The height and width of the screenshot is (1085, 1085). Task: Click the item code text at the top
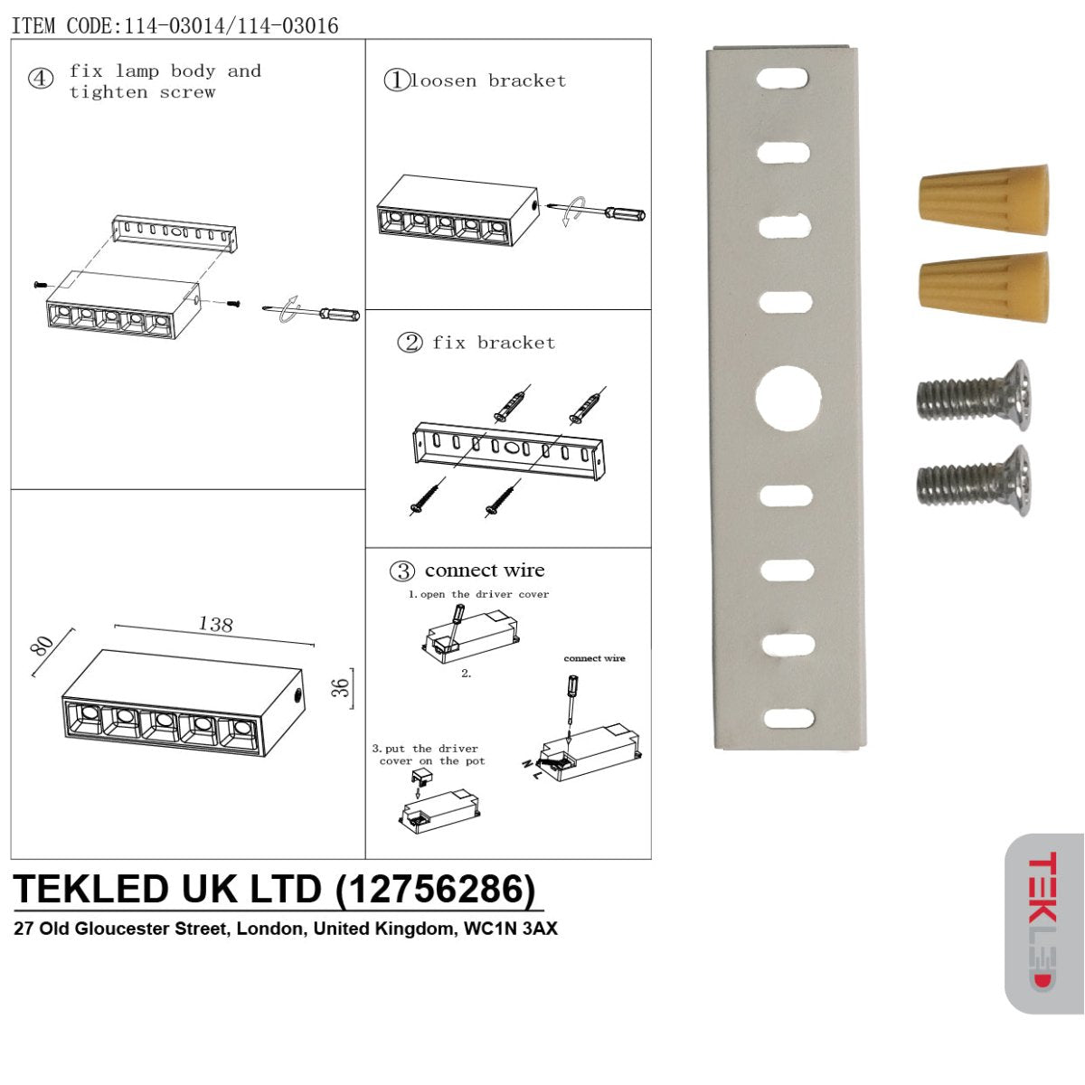(x=175, y=25)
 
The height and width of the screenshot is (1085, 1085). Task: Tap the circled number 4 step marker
(x=40, y=79)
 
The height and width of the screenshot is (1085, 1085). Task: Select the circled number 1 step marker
(x=396, y=80)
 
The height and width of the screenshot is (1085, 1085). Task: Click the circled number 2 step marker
(x=410, y=343)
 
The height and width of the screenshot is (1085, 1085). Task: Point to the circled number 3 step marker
(x=402, y=571)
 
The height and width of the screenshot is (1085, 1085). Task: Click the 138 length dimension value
(x=215, y=624)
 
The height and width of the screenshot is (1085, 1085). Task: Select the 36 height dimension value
(x=340, y=687)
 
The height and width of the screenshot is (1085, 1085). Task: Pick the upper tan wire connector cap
(x=984, y=200)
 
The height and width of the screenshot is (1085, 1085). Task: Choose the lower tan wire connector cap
(x=984, y=287)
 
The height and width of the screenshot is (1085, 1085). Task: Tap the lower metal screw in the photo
(x=975, y=480)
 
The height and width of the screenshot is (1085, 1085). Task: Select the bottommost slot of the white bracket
(x=788, y=719)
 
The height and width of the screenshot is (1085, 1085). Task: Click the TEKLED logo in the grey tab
(x=1042, y=922)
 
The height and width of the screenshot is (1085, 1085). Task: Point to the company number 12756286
(x=440, y=889)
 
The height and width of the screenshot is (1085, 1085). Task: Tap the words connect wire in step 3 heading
(x=485, y=571)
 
